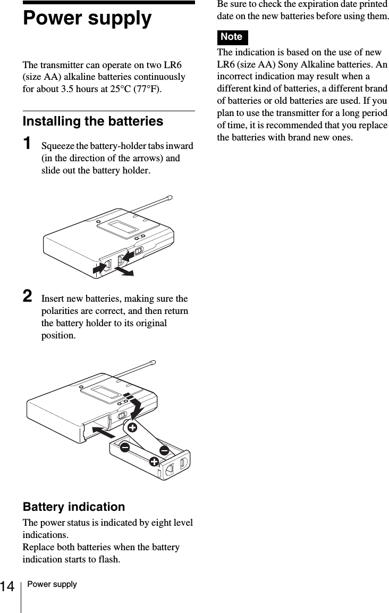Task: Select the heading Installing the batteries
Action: click(x=92, y=121)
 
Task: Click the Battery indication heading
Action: click(x=73, y=507)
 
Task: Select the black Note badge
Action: click(x=232, y=37)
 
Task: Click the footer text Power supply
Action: click(x=52, y=584)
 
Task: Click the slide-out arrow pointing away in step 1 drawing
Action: click(x=125, y=272)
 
